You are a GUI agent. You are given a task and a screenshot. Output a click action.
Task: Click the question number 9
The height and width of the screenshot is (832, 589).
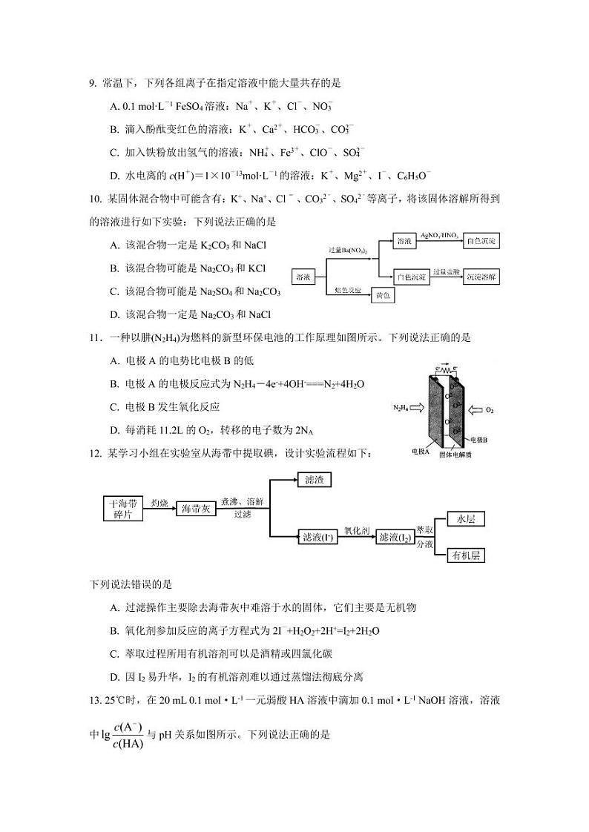93,84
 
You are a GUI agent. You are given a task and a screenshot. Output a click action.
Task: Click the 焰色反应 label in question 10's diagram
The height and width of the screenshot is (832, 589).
348,290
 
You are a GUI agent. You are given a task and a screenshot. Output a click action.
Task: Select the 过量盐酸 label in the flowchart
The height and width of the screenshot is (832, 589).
447,271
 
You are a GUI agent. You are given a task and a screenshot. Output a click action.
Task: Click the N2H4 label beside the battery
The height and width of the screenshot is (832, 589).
403,408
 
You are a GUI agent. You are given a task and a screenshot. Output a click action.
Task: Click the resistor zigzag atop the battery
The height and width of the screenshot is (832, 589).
444,367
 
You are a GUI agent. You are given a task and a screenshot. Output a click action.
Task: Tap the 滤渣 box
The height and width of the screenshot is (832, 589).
314,481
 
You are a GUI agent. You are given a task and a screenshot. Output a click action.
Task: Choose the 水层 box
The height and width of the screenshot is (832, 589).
465,519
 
